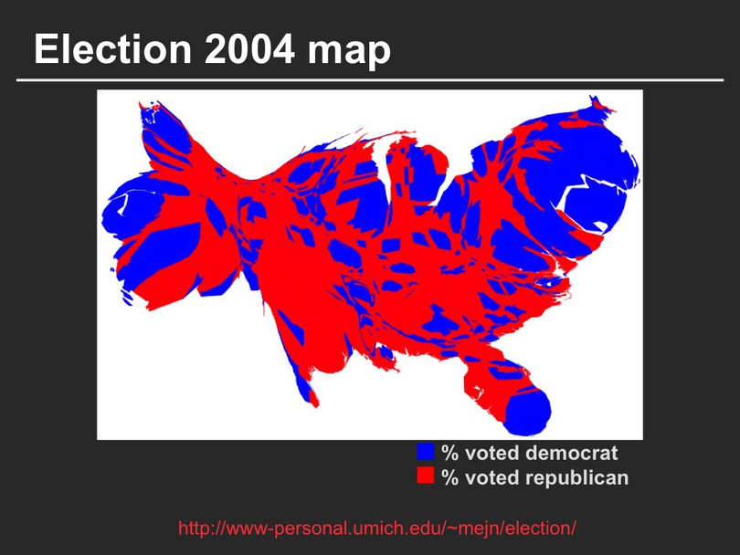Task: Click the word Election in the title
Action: coord(112,49)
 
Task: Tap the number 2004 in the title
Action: coord(249,49)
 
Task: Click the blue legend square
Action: coord(425,451)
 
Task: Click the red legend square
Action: coord(425,476)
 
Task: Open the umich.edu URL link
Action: coord(377,529)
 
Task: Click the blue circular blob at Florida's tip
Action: coord(528,414)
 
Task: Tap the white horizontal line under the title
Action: coord(370,80)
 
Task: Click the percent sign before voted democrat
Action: coord(449,453)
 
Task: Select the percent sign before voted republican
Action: coord(449,477)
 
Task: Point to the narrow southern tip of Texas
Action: coord(315,404)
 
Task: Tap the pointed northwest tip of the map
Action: coord(140,103)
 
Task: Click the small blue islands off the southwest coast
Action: coord(126,297)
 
